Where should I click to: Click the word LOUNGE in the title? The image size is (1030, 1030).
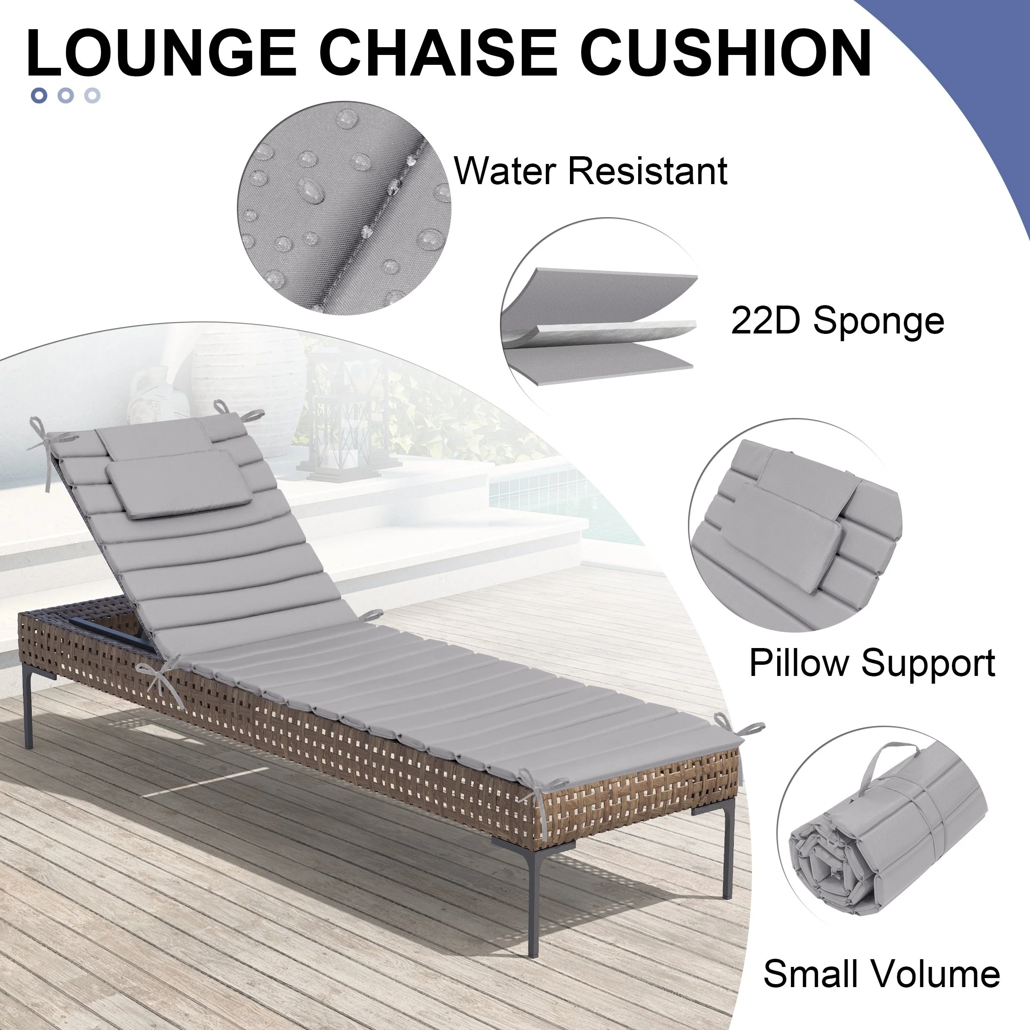[161, 53]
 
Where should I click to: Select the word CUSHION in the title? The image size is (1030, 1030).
[726, 53]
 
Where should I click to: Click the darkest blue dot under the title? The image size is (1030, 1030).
[39, 95]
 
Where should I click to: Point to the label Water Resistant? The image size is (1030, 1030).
[591, 171]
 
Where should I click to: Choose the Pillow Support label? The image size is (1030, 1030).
[872, 663]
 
